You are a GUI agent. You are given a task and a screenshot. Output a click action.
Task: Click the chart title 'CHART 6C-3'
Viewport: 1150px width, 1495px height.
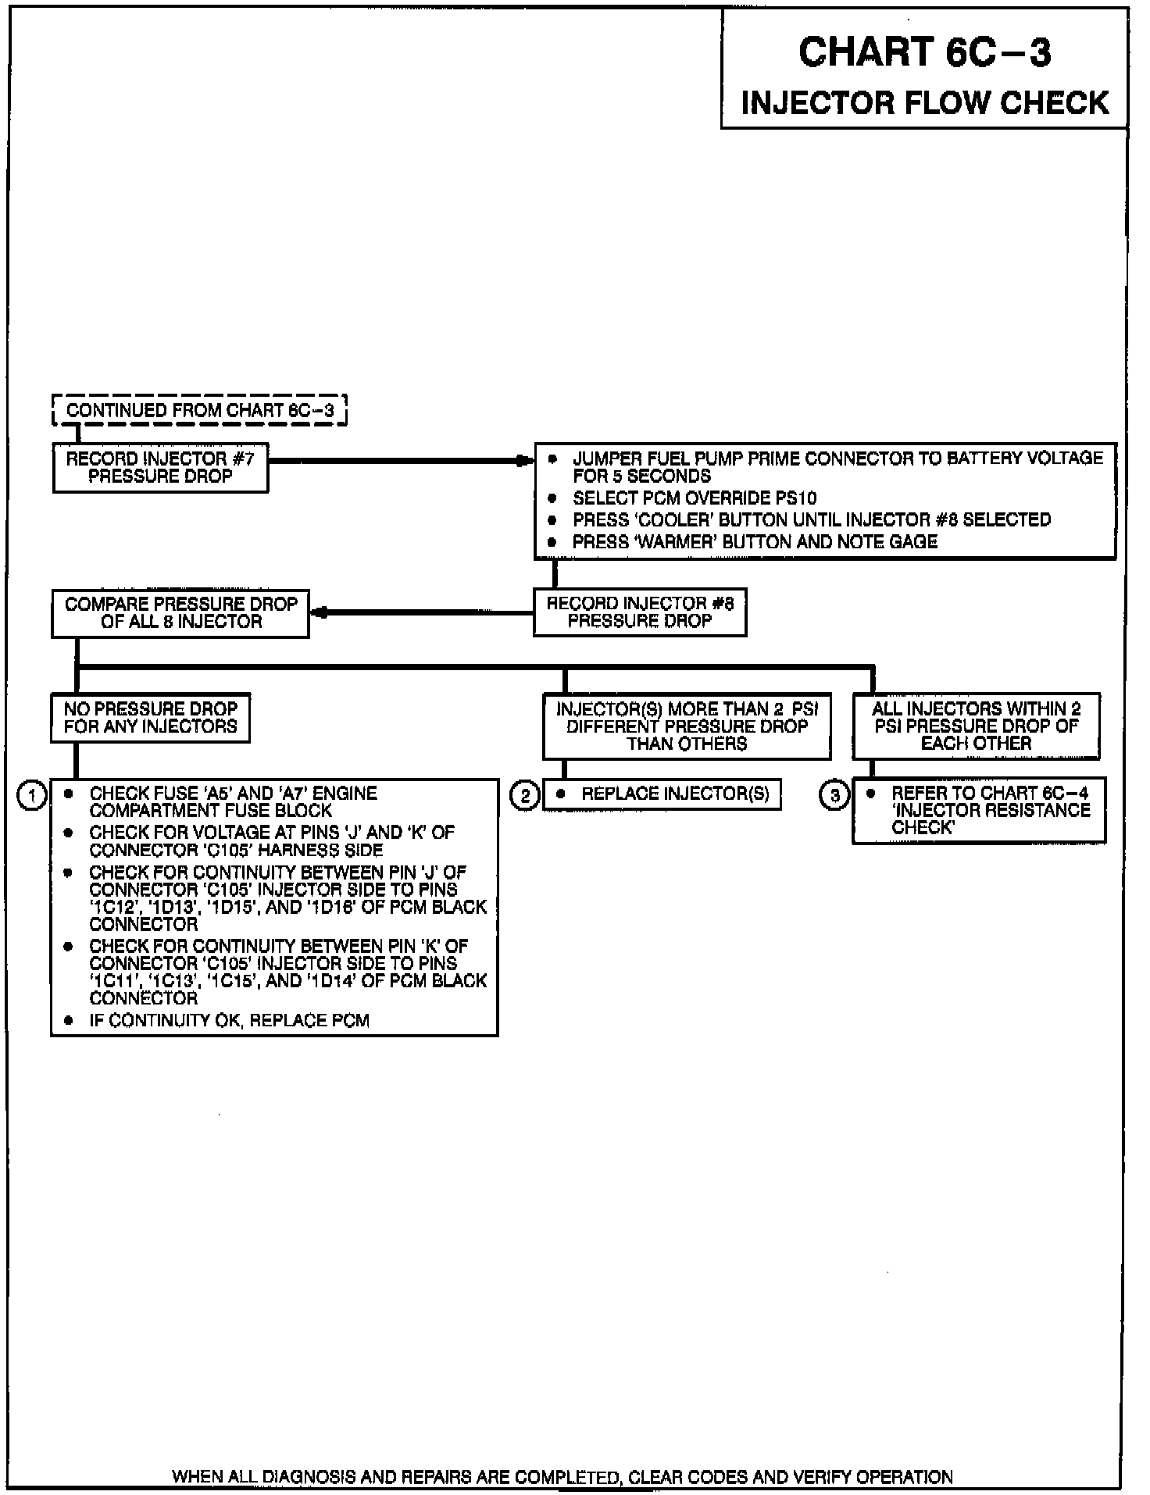pyautogui.click(x=924, y=53)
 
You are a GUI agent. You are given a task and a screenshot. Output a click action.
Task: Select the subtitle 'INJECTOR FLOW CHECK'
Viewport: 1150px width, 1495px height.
pyautogui.click(x=924, y=103)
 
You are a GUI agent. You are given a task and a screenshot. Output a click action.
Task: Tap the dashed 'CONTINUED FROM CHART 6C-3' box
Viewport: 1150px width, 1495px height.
pyautogui.click(x=199, y=410)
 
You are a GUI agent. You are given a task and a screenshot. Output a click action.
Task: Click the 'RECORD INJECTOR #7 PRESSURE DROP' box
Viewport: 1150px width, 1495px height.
pyautogui.click(x=160, y=468)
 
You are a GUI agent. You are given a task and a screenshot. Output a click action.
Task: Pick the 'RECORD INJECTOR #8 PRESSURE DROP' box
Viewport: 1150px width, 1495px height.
pyautogui.click(x=640, y=612)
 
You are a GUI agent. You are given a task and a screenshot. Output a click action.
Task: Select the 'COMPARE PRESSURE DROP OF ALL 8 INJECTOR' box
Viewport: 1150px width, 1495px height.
pyautogui.click(x=180, y=613)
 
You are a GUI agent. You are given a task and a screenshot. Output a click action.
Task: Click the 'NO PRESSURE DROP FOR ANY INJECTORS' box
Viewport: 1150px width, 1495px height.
pyautogui.click(x=150, y=717)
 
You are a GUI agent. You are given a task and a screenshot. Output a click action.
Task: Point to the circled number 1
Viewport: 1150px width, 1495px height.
pyautogui.click(x=32, y=796)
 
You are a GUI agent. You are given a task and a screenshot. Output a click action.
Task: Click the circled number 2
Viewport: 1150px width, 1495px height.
pyautogui.click(x=524, y=796)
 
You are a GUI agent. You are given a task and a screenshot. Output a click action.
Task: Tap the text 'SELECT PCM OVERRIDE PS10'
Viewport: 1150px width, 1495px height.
pyautogui.click(x=695, y=498)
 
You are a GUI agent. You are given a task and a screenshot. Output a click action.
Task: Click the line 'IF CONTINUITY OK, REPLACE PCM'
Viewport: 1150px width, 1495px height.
pyautogui.click(x=229, y=1020)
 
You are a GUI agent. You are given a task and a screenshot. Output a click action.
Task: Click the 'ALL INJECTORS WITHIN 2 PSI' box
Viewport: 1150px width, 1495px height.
pyautogui.click(x=976, y=726)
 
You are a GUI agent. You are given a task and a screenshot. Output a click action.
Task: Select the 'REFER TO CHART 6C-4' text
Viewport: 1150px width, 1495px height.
pyautogui.click(x=989, y=793)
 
